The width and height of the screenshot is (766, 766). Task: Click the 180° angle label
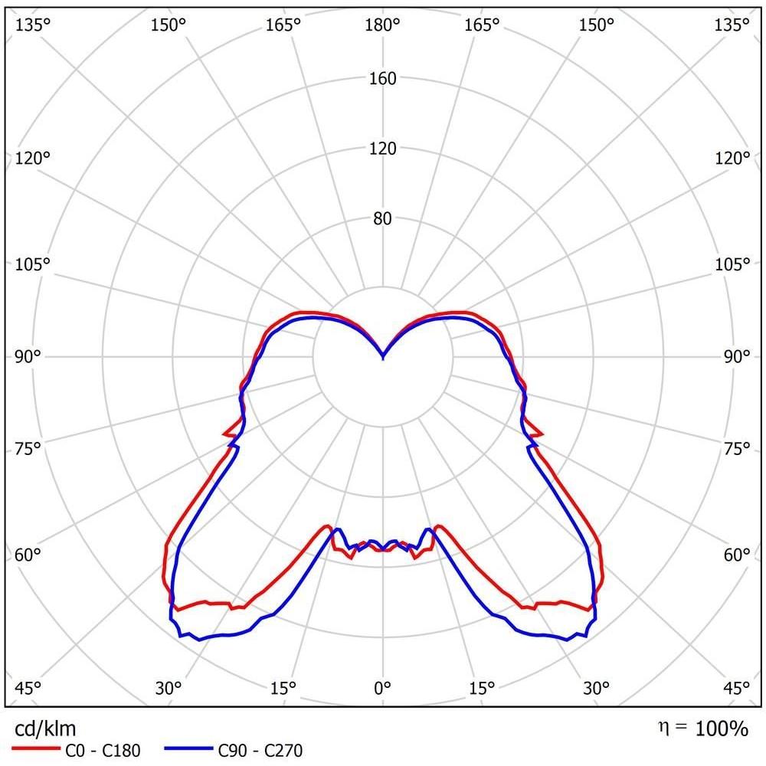pos(382,24)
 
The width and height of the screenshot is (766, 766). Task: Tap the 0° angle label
pos(382,689)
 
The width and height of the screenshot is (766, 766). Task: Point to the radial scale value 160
pos(382,78)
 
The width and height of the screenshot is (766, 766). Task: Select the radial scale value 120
pos(382,148)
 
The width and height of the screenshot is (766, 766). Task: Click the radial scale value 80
pos(382,218)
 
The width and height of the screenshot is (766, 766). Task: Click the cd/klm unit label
pos(45,729)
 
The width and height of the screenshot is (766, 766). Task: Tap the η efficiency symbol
pos(663,728)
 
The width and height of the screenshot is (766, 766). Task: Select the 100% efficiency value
pos(722,728)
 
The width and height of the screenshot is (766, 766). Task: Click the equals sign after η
pos(680,727)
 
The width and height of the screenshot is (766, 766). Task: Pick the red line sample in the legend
pos(35,748)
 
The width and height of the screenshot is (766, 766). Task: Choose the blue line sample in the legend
pos(188,748)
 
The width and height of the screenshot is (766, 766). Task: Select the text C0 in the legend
pos(75,751)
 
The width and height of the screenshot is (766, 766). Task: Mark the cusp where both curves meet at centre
pos(382,358)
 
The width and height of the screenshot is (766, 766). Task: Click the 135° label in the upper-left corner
pos(33,24)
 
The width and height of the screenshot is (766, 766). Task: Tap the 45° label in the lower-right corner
pos(735,689)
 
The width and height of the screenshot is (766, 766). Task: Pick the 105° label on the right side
pos(732,264)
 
